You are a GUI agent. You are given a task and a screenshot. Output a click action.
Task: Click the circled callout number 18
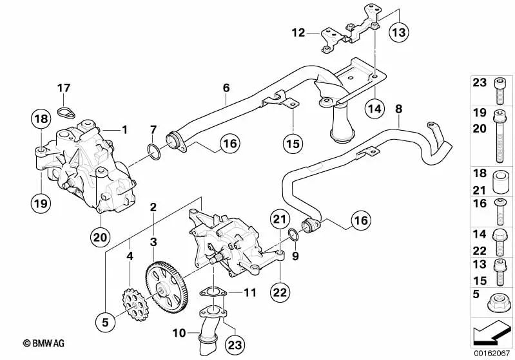[x=41, y=118]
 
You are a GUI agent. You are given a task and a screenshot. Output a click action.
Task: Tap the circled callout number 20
[x=101, y=237]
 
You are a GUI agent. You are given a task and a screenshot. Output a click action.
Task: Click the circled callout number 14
[x=374, y=108]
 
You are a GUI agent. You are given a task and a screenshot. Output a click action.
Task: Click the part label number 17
[x=63, y=88]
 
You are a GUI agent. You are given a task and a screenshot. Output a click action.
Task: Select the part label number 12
[x=298, y=32]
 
